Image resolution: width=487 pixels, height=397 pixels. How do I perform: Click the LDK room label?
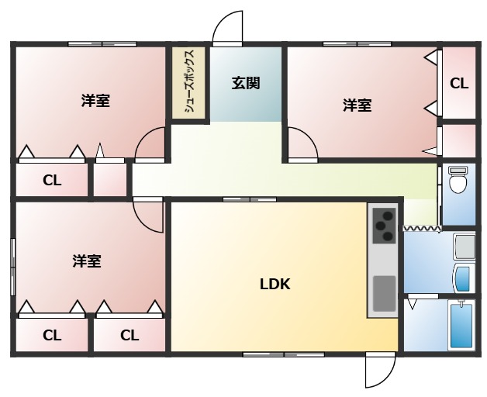pos(275,284)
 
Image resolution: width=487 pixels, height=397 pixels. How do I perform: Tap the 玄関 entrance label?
pos(245,83)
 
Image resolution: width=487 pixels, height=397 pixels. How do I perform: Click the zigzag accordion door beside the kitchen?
pos(421,229)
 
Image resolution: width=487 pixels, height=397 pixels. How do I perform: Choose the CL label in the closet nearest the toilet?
pos(458,83)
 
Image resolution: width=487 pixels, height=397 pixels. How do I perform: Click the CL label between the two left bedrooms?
pos(52,181)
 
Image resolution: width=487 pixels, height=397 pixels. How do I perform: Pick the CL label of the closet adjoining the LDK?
pos(130,335)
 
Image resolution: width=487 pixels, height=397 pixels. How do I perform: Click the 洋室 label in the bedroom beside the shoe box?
pos(95,101)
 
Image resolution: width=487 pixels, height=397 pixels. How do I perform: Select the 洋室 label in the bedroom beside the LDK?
pos(87,261)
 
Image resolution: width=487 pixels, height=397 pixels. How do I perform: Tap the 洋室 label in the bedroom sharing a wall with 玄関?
pos(357,105)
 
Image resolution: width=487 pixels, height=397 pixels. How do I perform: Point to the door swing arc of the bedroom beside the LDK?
pos(147,213)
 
